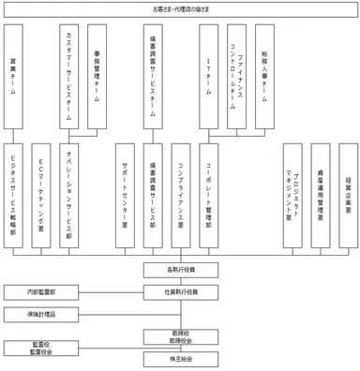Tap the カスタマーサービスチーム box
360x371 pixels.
pyautogui.click(x=70, y=75)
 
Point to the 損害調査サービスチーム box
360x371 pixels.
pyautogui.click(x=153, y=75)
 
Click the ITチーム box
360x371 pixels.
pyautogui.click(x=209, y=75)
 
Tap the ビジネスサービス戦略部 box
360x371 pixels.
pyautogui.click(x=13, y=196)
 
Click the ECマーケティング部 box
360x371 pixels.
pyautogui.click(x=42, y=196)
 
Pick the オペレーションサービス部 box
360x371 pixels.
pyautogui.click(x=70, y=196)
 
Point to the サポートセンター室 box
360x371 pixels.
pyautogui.click(x=126, y=196)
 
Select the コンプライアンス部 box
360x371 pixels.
pyautogui.click(x=181, y=196)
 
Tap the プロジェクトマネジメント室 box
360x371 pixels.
pyautogui.click(x=294, y=196)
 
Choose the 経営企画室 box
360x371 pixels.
pyautogui.click(x=349, y=196)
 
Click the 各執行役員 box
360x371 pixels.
pyautogui.click(x=181, y=270)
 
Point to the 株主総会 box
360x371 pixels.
pyautogui.click(x=181, y=359)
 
